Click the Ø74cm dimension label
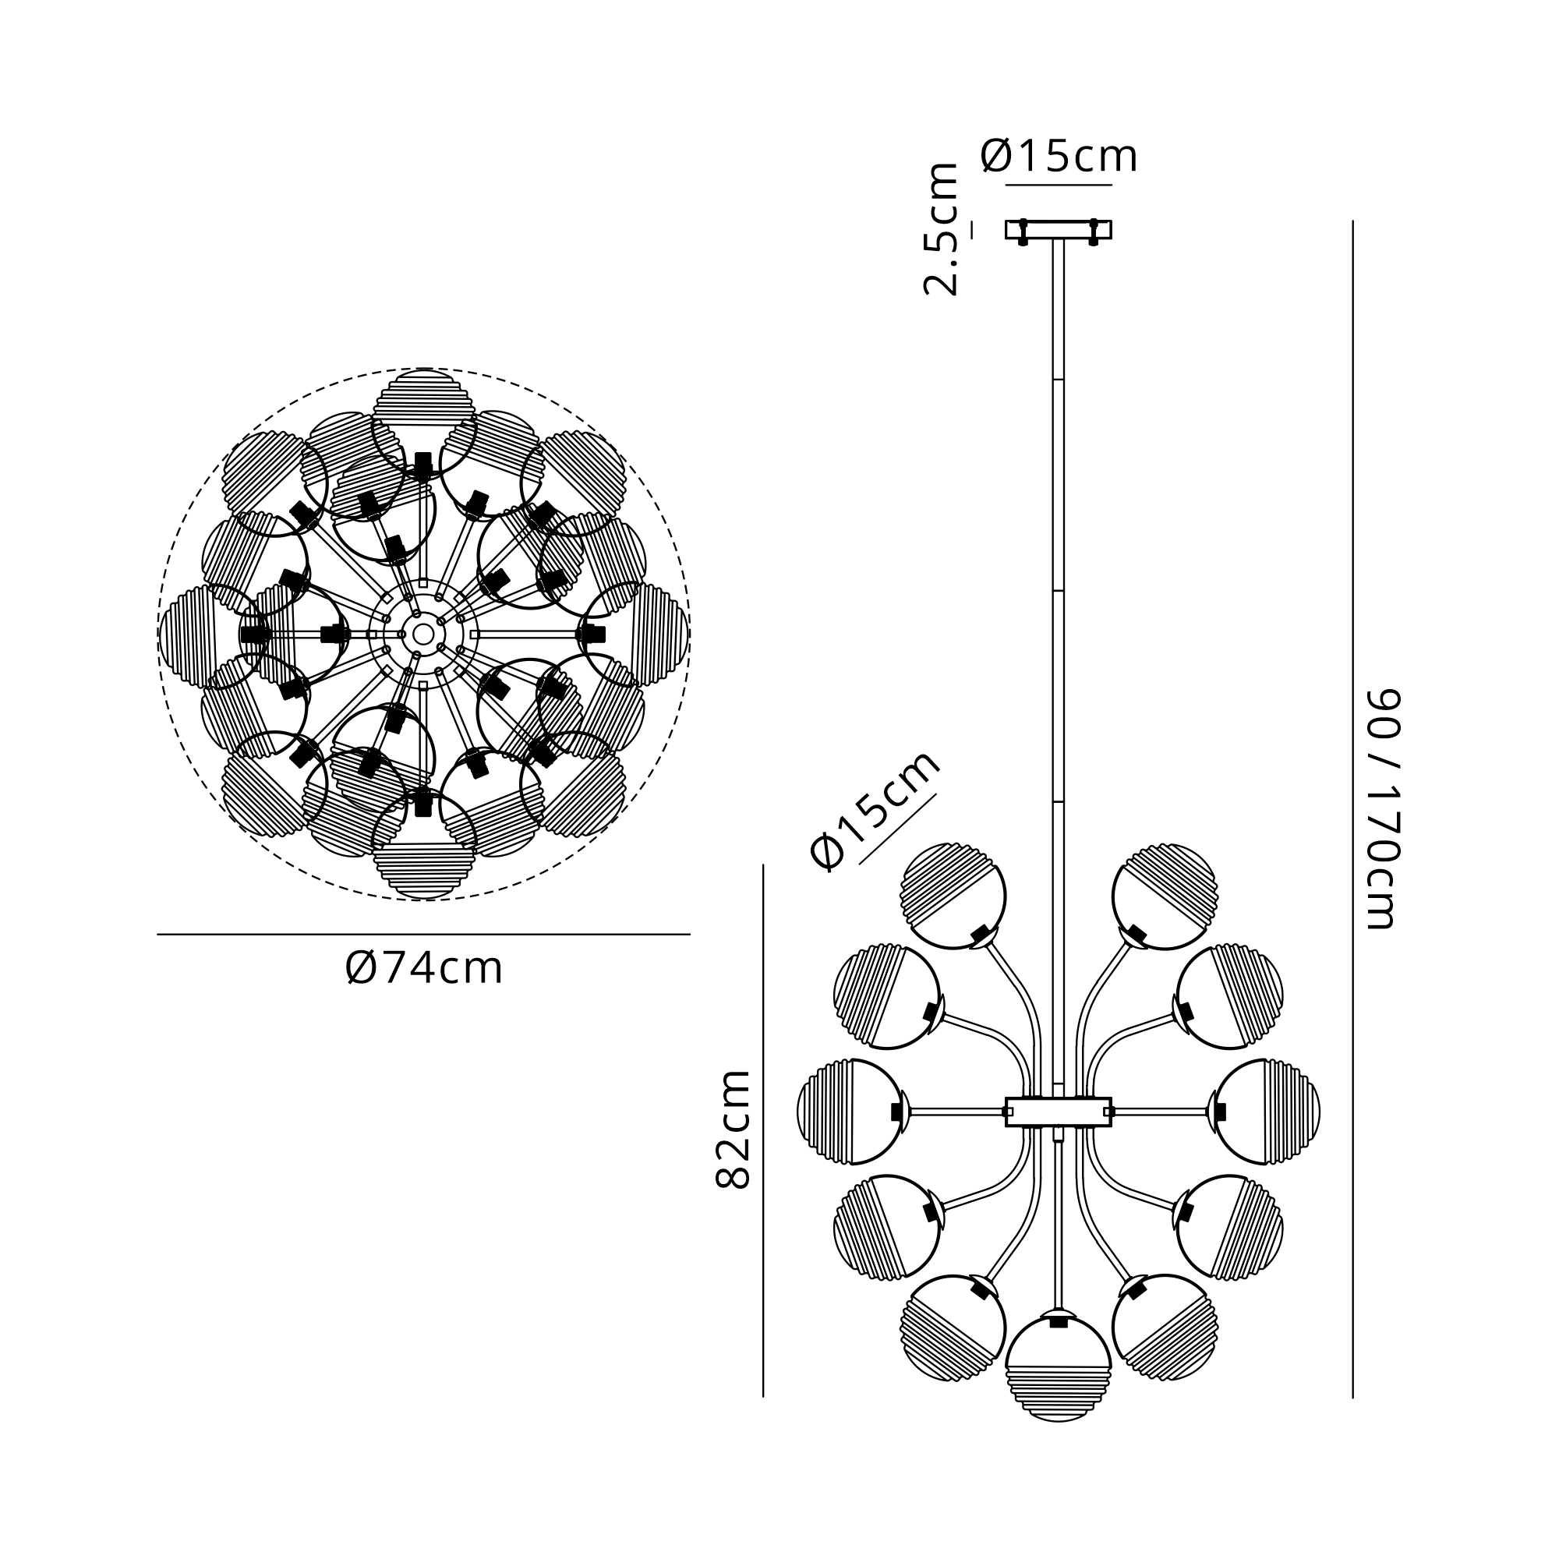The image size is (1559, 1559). click(423, 968)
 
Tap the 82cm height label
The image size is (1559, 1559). click(733, 1129)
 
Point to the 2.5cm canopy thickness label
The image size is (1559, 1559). click(941, 229)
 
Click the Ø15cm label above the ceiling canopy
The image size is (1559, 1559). click(1059, 156)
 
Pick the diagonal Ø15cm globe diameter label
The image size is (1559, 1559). click(875, 809)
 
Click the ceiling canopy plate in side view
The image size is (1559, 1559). click(1058, 230)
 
